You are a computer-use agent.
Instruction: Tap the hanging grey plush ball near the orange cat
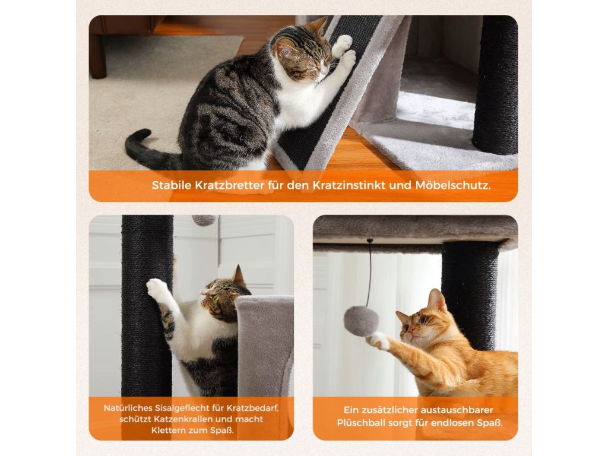pyautogui.click(x=361, y=321)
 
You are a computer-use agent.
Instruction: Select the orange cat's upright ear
pyautogui.click(x=436, y=299)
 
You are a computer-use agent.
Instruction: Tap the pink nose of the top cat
pyautogui.click(x=322, y=72)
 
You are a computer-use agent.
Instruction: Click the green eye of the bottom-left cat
pyautogui.click(x=214, y=298)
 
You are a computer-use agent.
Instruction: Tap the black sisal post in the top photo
pyautogui.click(x=496, y=85)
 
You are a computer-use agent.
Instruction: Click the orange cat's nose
pyautogui.click(x=410, y=331)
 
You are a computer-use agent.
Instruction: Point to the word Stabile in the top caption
pyautogui.click(x=172, y=185)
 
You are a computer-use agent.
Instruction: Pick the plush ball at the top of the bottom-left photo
pyautogui.click(x=205, y=221)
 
